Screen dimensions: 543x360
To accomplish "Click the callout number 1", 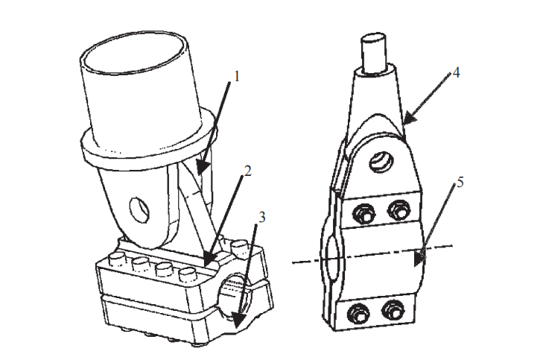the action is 237,77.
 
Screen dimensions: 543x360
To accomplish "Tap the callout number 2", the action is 247,171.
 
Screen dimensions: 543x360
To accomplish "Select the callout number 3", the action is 261,218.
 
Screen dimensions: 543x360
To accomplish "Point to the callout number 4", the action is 456,73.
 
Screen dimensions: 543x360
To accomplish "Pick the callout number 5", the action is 460,183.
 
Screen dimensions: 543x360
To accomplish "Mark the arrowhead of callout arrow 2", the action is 210,259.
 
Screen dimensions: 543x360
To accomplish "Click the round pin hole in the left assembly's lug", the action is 139,209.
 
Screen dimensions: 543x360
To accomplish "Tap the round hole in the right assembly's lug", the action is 381,161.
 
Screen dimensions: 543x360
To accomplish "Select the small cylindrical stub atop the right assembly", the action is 373,53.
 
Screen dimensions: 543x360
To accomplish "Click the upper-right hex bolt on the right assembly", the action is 399,209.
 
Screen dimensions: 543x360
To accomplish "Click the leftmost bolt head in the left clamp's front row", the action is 116,259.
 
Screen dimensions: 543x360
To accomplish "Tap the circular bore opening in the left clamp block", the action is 232,295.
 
